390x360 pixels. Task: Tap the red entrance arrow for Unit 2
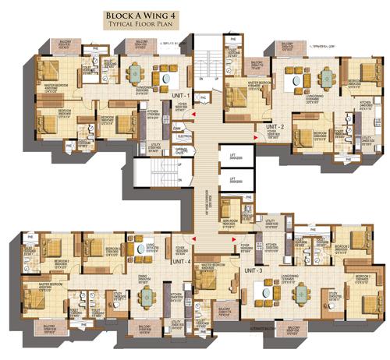coord(255,139)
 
